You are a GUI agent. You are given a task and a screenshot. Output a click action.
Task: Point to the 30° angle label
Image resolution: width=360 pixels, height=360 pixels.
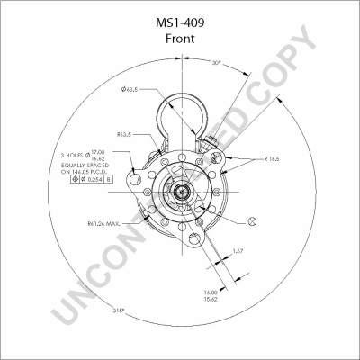tap(215, 63)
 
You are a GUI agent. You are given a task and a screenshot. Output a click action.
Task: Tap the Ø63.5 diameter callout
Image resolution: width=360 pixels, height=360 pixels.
tap(130, 89)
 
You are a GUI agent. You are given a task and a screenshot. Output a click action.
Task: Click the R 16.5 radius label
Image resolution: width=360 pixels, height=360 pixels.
tap(274, 158)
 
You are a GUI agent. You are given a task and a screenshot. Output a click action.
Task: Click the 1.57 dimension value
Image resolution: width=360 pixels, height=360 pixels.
tap(238, 251)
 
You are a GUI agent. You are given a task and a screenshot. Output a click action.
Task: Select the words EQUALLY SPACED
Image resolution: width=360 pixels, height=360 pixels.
tap(85, 166)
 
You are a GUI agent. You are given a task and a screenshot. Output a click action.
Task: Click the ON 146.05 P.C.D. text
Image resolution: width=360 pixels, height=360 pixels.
tap(86, 173)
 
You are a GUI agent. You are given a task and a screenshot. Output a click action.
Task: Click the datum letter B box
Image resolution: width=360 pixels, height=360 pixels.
tap(109, 181)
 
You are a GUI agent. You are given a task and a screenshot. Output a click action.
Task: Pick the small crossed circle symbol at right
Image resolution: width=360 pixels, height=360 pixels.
tap(250, 220)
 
